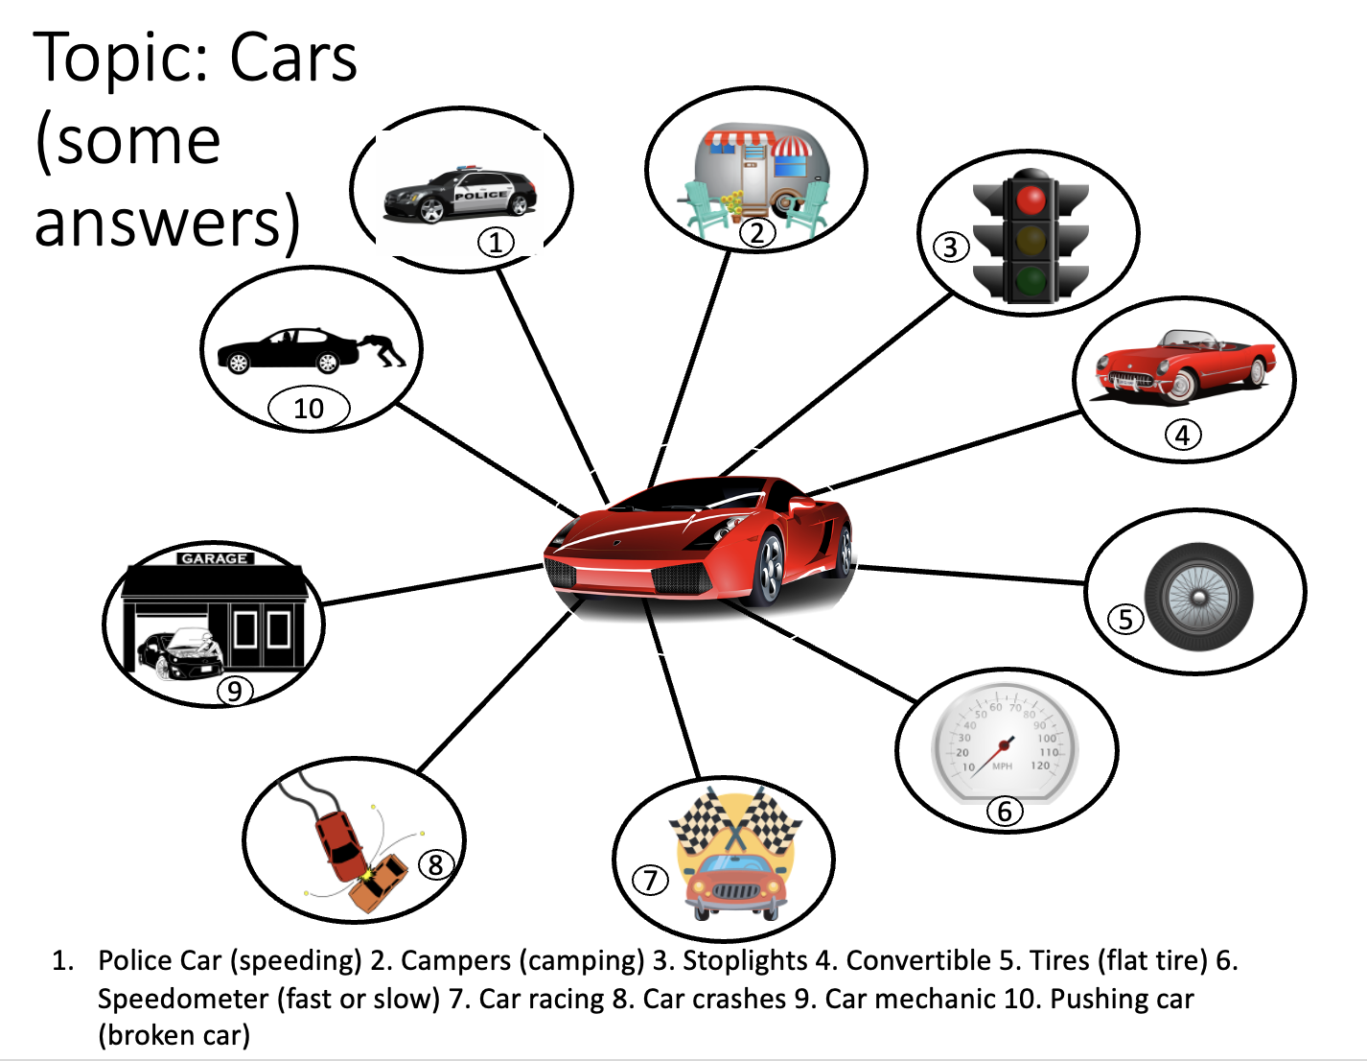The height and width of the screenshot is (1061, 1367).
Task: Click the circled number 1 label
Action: (496, 243)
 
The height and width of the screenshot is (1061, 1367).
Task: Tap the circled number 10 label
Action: (309, 409)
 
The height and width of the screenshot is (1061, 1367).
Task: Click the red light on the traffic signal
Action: (1031, 200)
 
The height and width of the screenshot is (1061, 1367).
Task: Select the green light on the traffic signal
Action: (1031, 281)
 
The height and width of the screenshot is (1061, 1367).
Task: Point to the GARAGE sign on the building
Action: (215, 559)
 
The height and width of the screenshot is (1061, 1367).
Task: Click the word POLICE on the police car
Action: (480, 195)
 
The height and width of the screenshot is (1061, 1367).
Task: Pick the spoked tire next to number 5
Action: (1198, 597)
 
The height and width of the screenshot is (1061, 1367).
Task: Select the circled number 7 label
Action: (650, 880)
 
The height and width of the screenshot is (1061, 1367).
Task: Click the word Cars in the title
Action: (293, 58)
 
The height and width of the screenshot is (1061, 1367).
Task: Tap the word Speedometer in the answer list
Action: (183, 1000)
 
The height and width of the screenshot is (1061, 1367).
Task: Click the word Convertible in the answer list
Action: (918, 960)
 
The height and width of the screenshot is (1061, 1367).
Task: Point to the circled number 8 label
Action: (435, 864)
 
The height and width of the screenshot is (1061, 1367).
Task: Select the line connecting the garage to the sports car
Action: (432, 585)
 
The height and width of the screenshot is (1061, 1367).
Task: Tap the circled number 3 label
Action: (951, 248)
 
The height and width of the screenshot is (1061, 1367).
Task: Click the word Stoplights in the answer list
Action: (745, 960)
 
